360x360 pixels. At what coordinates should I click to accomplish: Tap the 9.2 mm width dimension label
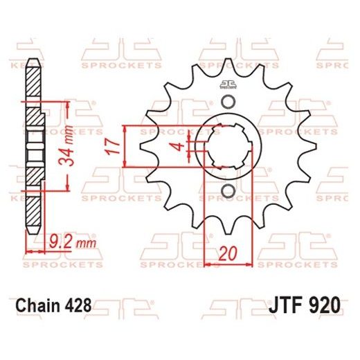tap(62, 242)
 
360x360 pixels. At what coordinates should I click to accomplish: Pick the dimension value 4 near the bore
tap(179, 145)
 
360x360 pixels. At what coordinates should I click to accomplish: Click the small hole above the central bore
tap(227, 103)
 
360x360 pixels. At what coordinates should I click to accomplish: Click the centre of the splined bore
tap(227, 146)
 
